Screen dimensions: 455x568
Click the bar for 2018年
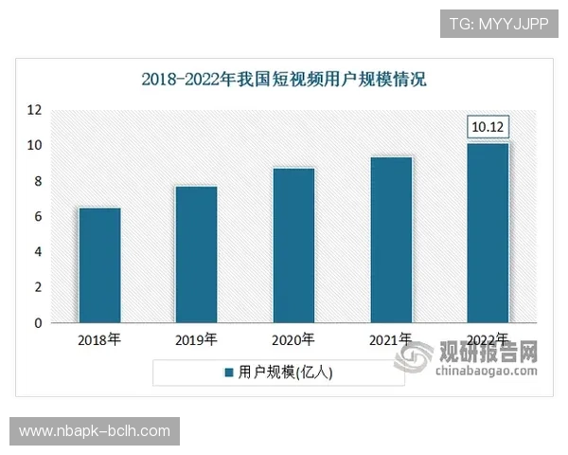98,265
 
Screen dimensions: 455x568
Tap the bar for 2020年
293,246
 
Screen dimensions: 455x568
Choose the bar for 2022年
488,233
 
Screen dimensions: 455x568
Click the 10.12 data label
488,127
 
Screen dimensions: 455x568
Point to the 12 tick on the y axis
34,110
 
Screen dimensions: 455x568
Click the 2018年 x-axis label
98,339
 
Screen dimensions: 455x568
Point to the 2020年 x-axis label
293,339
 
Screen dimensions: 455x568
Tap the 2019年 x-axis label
196,339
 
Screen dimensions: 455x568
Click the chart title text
284,80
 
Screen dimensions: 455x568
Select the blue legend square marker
228,373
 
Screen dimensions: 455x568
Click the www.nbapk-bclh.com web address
95,431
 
